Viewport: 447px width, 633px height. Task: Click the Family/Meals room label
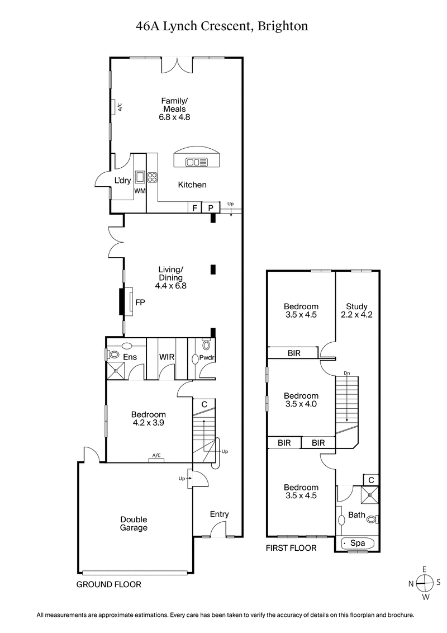point(174,105)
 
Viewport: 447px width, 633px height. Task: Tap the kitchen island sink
point(197,162)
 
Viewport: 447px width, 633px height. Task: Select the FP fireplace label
point(140,302)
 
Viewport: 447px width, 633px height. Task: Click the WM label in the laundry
point(140,192)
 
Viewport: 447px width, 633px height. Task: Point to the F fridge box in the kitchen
point(194,207)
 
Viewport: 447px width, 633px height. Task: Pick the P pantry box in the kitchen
point(211,207)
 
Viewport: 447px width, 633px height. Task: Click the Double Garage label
point(134,523)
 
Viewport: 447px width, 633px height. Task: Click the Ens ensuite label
point(130,357)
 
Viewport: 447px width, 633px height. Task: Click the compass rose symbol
point(425,583)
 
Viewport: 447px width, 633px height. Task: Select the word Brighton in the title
point(283,26)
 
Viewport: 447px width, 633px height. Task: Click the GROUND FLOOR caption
point(108,584)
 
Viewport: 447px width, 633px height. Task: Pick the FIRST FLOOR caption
point(291,548)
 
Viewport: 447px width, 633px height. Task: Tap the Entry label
point(219,514)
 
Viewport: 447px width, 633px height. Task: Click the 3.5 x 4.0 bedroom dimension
point(301,404)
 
